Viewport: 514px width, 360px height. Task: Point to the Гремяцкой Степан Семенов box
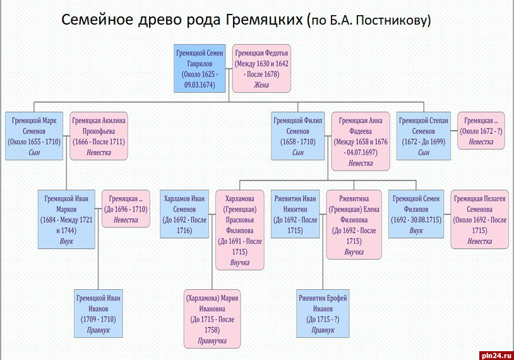pos(424,135)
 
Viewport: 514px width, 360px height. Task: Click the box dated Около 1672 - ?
pos(482,131)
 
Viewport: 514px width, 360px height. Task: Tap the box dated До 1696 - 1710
pos(126,208)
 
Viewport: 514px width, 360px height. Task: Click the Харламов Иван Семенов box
pos(185,213)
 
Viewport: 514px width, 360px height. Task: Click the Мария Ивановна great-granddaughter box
pos(212,319)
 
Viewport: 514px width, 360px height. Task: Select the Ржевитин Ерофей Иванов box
pos(323,313)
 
